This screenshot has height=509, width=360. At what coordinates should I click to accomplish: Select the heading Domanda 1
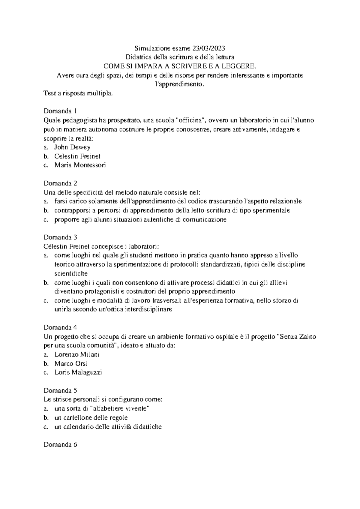60,111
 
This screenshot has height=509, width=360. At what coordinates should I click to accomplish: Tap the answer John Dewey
72,147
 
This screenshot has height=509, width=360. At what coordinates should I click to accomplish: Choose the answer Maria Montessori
80,165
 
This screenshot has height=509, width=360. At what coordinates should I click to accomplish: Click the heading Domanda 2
60,183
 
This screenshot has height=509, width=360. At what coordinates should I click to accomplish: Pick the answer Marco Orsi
71,363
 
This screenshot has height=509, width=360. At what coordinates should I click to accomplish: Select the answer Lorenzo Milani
76,354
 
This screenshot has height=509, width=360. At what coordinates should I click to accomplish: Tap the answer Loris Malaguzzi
78,372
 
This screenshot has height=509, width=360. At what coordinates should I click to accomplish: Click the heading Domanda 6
60,444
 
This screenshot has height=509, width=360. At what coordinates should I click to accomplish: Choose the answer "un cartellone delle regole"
91,417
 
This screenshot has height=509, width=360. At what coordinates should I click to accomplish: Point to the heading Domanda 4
60,327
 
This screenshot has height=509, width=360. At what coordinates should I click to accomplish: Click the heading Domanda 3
60,237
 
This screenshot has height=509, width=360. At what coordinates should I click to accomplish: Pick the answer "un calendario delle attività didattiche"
108,426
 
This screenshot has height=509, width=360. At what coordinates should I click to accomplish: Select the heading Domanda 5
60,390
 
